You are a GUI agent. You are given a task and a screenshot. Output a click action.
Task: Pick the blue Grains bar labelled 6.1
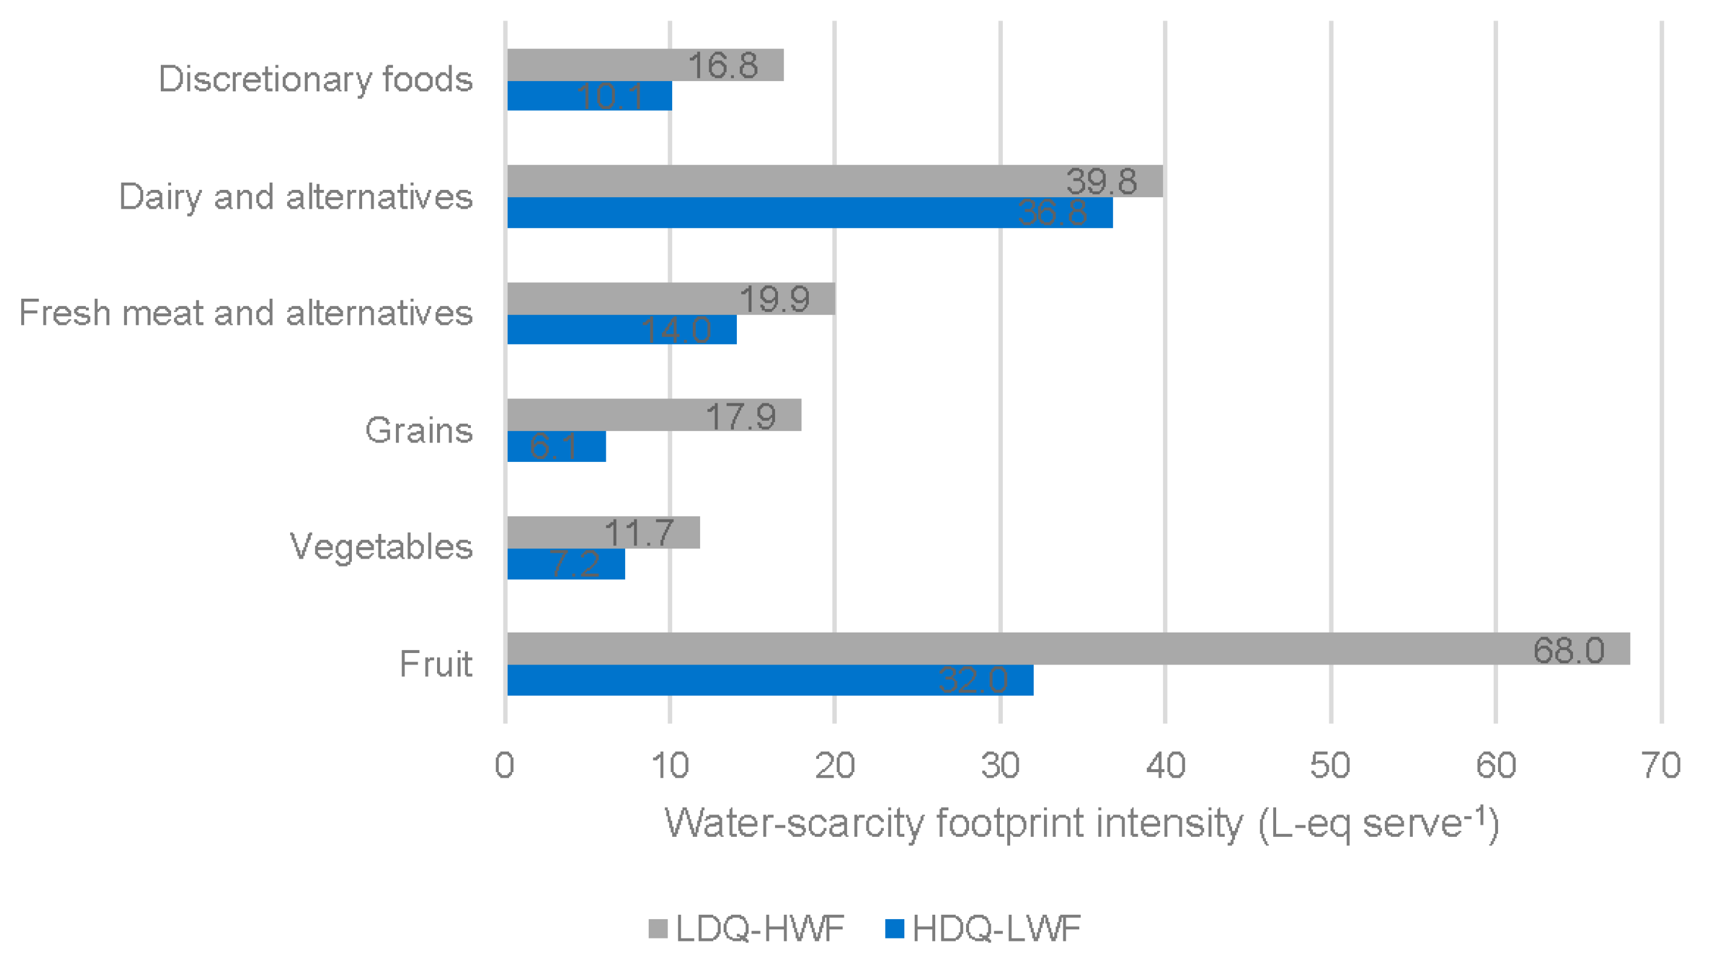[x=556, y=446]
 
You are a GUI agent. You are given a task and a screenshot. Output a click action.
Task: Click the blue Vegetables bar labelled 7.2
[x=566, y=564]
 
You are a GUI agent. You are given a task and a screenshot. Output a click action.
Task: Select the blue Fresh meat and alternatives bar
[x=621, y=329]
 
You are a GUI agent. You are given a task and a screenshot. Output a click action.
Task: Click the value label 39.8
[x=1101, y=181]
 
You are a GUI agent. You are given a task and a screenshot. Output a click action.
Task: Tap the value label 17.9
[x=741, y=416]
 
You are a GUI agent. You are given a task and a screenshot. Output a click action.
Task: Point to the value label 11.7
[x=640, y=533]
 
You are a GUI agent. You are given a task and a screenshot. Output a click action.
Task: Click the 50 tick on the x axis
[x=1330, y=765]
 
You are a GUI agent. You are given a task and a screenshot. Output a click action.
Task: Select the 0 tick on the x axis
[x=504, y=765]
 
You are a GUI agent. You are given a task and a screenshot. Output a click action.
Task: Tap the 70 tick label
[x=1661, y=765]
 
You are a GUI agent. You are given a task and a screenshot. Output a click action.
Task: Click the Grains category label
[x=419, y=430]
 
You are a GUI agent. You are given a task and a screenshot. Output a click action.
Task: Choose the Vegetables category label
[x=381, y=547]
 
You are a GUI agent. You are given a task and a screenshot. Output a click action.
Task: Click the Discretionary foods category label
[x=315, y=79]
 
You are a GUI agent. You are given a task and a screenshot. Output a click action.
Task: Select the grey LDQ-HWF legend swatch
[x=658, y=928]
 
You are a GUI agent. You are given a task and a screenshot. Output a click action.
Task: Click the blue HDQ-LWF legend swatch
[x=895, y=928]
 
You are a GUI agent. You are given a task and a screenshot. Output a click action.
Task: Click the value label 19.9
[x=774, y=299]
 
